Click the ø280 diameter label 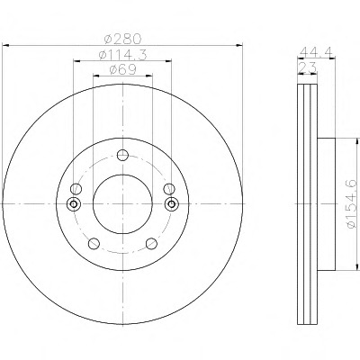122,39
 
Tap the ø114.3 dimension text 122,55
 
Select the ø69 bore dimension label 122,69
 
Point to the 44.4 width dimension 317,51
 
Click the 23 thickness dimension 307,67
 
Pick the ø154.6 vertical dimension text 352,204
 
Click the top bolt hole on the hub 122,155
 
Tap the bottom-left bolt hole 94,243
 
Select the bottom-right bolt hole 151,243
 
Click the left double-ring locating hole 73,204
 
